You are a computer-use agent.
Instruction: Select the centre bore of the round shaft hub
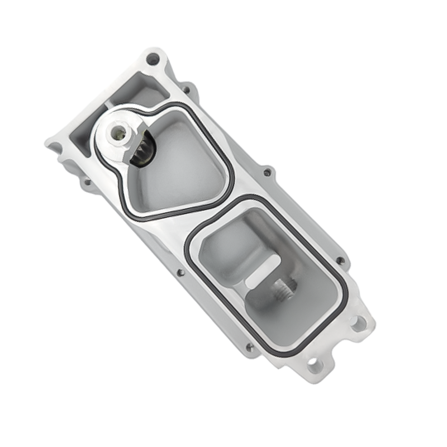click(x=118, y=132)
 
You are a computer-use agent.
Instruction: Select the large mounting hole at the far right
click(x=358, y=322)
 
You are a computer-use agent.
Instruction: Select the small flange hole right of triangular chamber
click(x=267, y=172)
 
